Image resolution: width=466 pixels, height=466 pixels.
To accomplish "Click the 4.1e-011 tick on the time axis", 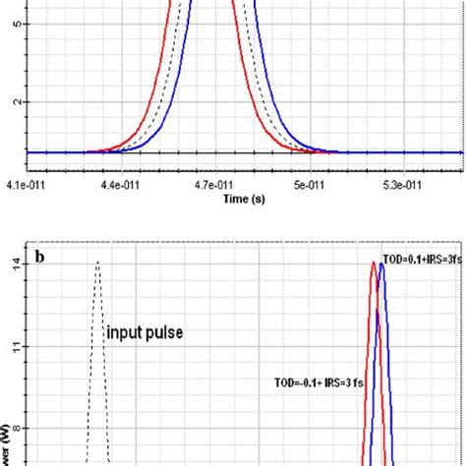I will (x=23, y=183).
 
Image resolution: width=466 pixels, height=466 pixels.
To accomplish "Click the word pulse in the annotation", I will (x=165, y=332).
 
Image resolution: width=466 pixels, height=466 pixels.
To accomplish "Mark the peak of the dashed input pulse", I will (x=97, y=262).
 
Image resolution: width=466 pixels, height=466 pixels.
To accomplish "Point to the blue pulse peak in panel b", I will (x=381, y=262).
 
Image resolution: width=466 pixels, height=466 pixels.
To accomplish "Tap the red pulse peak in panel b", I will (x=373, y=262).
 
